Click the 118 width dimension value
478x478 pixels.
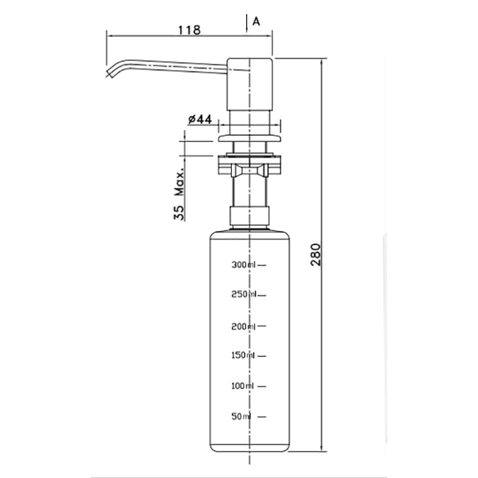pos(189,30)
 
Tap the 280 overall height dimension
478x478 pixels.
pos(315,255)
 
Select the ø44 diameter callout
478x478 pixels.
pos(200,119)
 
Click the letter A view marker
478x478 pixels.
pos(256,22)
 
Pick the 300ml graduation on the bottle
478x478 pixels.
pos(243,265)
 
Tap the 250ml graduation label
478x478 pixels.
pos(244,295)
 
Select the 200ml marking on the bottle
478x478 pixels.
pos(243,326)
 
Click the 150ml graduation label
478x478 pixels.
pos(243,355)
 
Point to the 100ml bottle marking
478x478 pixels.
pos(243,386)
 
